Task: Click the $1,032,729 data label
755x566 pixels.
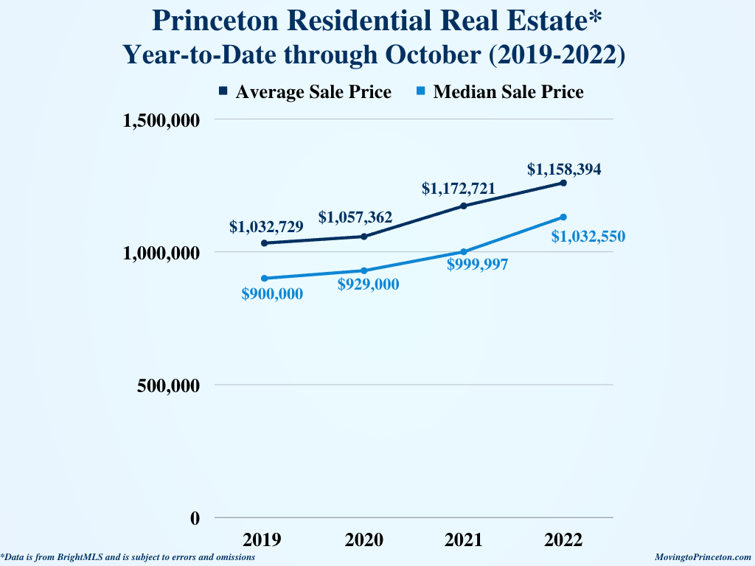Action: tap(266, 227)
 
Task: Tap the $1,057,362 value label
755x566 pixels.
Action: tap(355, 217)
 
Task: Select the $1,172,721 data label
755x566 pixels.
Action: tap(459, 189)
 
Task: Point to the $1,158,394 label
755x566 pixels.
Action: tap(564, 170)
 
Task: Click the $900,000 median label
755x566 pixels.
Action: tap(272, 294)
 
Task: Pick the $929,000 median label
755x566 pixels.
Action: tap(368, 285)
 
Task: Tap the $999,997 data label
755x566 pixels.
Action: tap(477, 265)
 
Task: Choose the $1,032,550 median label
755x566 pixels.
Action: tap(588, 237)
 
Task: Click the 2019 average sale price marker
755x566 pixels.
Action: tap(264, 243)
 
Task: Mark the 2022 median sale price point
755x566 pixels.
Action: tap(563, 217)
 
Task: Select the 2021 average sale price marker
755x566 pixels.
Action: tap(464, 206)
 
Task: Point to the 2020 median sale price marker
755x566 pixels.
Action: tap(364, 270)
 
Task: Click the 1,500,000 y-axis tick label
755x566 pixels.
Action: tap(161, 120)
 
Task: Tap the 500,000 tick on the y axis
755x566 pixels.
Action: tap(169, 385)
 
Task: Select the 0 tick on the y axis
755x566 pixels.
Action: tap(195, 518)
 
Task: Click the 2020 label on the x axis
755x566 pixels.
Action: tap(364, 540)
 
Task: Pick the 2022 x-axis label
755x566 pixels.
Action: tap(563, 540)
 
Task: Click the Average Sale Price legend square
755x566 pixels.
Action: tap(223, 91)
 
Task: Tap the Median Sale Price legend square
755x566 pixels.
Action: tap(420, 91)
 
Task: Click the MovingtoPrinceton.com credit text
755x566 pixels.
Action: tap(703, 558)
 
